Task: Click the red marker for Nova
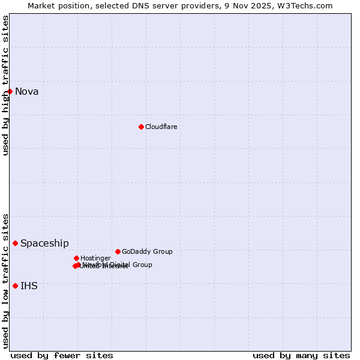click(10, 91)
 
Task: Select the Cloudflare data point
click(141, 127)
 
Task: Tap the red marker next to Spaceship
click(15, 243)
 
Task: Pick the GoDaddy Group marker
click(118, 251)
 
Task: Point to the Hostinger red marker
click(76, 258)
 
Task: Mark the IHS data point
click(15, 286)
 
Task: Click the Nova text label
click(27, 91)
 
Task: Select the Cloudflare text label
click(161, 127)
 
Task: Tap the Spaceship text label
click(44, 243)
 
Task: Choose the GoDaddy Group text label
click(147, 251)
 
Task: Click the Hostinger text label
click(95, 258)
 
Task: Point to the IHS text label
click(29, 286)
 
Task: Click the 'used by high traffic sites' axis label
click(5, 85)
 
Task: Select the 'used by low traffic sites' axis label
click(5, 281)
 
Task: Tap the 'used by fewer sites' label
click(62, 355)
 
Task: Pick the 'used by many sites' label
click(301, 355)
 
